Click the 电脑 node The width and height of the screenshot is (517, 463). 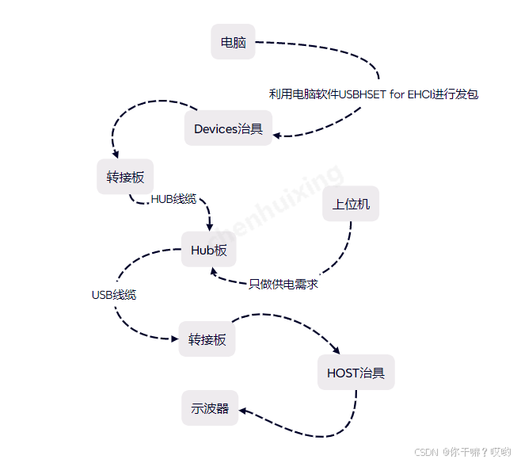tap(233, 42)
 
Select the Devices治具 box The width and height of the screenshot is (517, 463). tap(228, 128)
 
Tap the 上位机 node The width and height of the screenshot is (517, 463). tap(351, 204)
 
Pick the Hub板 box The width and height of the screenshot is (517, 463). tap(209, 250)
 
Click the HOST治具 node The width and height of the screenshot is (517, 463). tap(355, 372)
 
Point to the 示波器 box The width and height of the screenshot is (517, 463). tap(210, 408)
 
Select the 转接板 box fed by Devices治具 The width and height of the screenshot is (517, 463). tap(125, 176)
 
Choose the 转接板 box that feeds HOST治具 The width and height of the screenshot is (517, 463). tap(207, 339)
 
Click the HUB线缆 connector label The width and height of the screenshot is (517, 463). tap(173, 199)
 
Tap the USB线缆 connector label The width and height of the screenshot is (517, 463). tap(114, 295)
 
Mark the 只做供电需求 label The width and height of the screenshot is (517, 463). tap(283, 284)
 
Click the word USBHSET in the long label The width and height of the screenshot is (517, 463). tap(361, 94)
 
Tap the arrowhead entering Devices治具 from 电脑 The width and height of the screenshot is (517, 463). tap(277, 135)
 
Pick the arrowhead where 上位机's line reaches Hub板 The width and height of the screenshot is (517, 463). tap(214, 270)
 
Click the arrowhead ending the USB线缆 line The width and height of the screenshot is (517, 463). tap(174, 339)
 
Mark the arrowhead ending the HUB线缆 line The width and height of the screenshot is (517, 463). tap(209, 228)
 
